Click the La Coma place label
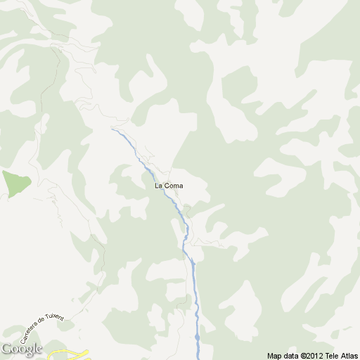click(169, 186)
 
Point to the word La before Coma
click(158, 186)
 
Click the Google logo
click(21, 349)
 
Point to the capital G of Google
click(6, 349)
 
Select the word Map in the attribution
click(274, 355)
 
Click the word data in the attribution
click(290, 355)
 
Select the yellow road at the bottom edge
click(70, 354)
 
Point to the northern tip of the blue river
click(112, 129)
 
